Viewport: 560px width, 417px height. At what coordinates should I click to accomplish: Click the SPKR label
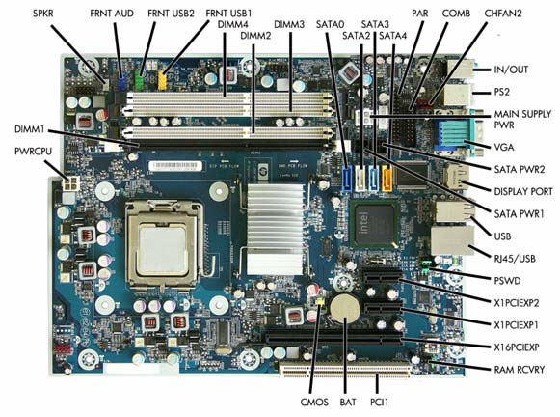tap(42, 14)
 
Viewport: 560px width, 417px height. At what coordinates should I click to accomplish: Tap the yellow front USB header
tap(162, 80)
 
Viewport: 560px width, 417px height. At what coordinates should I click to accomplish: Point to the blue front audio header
tap(121, 79)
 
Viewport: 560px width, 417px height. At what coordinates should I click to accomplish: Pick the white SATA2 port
tap(361, 178)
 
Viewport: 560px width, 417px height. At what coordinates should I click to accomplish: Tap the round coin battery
tap(345, 308)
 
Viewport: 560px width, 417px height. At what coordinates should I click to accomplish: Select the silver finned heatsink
tap(276, 229)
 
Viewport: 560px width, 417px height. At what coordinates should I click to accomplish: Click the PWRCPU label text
tap(33, 152)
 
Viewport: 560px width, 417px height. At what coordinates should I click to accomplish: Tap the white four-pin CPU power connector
tap(70, 183)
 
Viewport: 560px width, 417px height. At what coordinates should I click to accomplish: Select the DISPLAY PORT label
tap(523, 191)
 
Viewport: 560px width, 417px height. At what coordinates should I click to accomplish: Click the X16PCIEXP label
tap(517, 347)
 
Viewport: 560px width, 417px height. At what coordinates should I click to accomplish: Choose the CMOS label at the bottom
tap(314, 402)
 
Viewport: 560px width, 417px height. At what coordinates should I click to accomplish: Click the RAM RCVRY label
tap(520, 370)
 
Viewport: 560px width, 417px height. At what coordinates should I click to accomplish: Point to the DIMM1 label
tap(29, 128)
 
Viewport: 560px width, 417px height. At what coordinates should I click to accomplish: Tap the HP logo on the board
tap(262, 166)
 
